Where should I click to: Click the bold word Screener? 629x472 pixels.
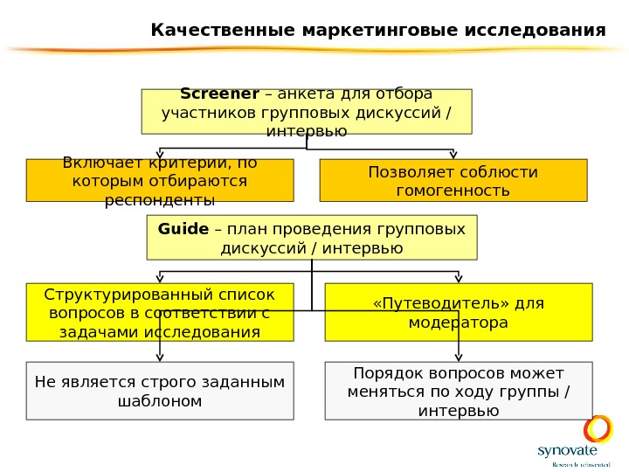point(219,94)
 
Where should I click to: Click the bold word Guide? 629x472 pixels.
point(183,229)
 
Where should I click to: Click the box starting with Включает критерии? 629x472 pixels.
point(160,181)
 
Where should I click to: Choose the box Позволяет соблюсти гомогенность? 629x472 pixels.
point(453,181)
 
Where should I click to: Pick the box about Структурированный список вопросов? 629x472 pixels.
point(160,312)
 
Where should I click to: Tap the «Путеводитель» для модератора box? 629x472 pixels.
point(458,312)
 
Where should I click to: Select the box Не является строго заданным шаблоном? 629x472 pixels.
point(160,391)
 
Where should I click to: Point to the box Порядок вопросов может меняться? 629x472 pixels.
point(458,391)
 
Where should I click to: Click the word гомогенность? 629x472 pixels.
point(453,191)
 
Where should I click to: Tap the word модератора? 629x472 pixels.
point(459,323)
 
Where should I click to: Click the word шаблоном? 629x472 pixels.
point(159,401)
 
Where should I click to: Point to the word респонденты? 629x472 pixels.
point(160,200)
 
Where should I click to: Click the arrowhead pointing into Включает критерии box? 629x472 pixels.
point(160,155)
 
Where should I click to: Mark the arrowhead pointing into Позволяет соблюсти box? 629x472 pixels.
point(453,155)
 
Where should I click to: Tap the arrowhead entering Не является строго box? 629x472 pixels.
point(160,357)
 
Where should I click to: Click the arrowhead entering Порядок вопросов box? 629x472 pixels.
point(460,357)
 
